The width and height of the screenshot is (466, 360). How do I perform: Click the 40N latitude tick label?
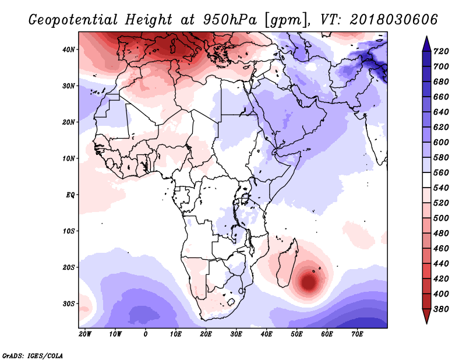pos(69,50)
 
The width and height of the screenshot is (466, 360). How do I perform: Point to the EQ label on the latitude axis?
pos(70,195)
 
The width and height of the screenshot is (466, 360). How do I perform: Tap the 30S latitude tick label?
pos(69,303)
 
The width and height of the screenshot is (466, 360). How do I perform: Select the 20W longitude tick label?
pos(84,334)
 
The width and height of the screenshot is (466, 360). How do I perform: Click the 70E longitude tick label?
pos(357,334)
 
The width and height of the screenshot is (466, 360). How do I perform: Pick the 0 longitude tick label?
pos(146,334)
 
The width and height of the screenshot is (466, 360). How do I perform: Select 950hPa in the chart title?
pos(228,19)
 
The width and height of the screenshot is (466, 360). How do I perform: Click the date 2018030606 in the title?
pos(394,19)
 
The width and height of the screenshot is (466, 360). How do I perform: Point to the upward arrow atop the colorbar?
pos(426,42)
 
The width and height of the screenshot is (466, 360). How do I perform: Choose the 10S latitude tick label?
pos(69,231)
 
